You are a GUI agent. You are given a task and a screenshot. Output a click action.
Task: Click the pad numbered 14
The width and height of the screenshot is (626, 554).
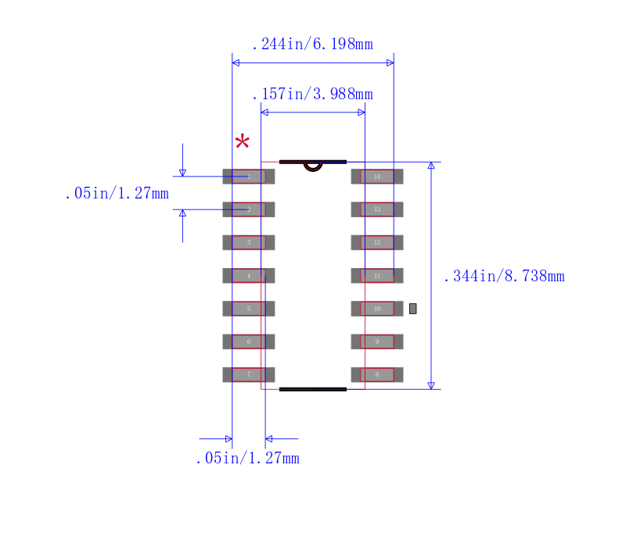pyautogui.click(x=377, y=177)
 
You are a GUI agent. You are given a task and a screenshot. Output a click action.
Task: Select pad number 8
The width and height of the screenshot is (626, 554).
pyautogui.click(x=377, y=375)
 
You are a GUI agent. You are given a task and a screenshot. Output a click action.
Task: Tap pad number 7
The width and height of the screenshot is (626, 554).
pyautogui.click(x=249, y=375)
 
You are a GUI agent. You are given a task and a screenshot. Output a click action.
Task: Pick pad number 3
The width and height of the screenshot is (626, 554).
pyautogui.click(x=249, y=242)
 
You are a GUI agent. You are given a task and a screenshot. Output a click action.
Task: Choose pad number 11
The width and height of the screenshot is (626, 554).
pyautogui.click(x=377, y=276)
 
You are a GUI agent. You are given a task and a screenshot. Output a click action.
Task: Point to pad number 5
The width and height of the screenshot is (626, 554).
pyautogui.click(x=249, y=309)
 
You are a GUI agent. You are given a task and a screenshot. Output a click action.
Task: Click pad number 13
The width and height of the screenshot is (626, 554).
pyautogui.click(x=377, y=209)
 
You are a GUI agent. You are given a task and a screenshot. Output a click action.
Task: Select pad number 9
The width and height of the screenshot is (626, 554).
pyautogui.click(x=377, y=341)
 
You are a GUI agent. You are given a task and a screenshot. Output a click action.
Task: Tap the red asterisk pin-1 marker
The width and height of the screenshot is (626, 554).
pyautogui.click(x=243, y=142)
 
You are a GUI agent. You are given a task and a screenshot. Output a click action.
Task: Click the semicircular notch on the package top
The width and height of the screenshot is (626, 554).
pyautogui.click(x=313, y=166)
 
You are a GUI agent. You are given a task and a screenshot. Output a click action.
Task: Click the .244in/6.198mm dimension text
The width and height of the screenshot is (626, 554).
pyautogui.click(x=312, y=45)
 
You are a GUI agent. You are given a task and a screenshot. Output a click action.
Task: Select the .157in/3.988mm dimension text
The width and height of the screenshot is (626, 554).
pyautogui.click(x=312, y=95)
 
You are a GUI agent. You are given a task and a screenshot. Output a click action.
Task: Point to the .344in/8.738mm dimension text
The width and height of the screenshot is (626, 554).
pyautogui.click(x=504, y=276)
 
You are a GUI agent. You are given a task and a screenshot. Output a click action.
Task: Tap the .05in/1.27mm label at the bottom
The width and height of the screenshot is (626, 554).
pyautogui.click(x=247, y=459)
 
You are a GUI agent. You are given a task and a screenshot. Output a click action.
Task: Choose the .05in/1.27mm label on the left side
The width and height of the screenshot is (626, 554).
pyautogui.click(x=117, y=194)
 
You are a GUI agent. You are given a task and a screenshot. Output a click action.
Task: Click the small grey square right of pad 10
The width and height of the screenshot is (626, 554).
pyautogui.click(x=412, y=309)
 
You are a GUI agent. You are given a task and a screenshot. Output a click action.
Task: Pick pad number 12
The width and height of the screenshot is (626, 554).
pyautogui.click(x=377, y=242)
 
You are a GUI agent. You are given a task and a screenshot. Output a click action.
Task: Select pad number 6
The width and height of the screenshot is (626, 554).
pyautogui.click(x=249, y=341)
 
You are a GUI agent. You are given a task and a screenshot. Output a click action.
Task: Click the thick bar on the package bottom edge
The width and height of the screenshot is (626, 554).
pyautogui.click(x=313, y=388)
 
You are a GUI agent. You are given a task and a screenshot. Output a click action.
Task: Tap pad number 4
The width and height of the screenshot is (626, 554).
pyautogui.click(x=249, y=276)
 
